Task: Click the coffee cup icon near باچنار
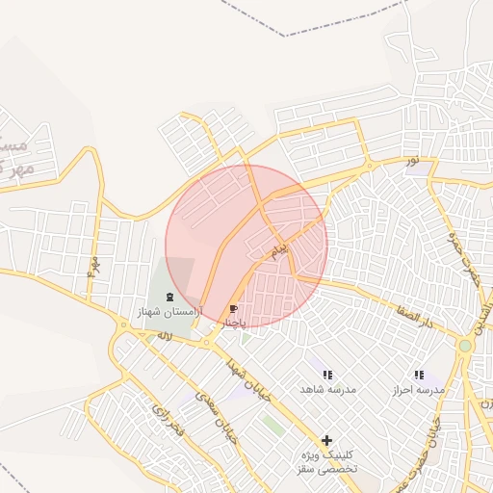point(233,309)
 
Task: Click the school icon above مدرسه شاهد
point(327,375)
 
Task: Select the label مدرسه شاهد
point(327,389)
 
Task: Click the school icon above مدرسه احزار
point(418,375)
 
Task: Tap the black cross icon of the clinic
point(327,440)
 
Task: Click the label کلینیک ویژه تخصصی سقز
point(327,460)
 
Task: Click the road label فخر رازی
point(165,414)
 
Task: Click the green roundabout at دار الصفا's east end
point(465,345)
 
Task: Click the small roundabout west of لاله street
point(124,325)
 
